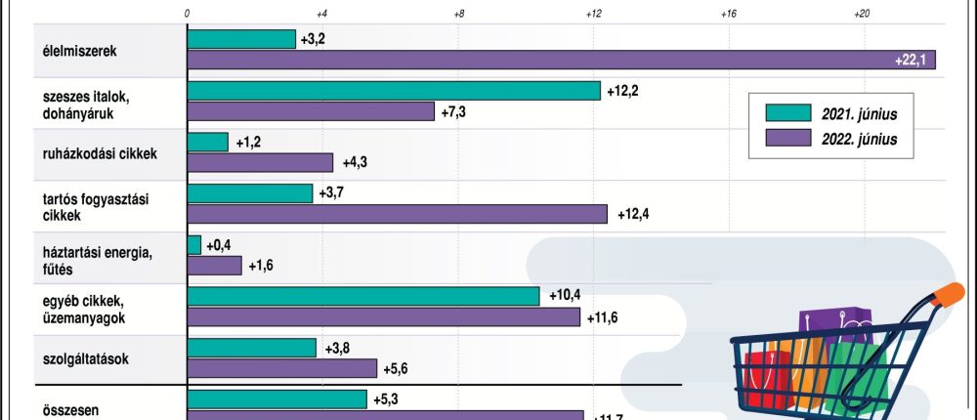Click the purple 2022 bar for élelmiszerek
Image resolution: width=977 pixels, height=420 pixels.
(561, 60)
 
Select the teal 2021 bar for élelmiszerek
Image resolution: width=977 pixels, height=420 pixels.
(241, 39)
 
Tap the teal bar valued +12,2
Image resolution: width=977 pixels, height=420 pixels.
(394, 90)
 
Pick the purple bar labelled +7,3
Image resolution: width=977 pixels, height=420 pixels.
(311, 111)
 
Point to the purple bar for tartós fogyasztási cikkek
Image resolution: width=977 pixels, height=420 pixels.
(397, 213)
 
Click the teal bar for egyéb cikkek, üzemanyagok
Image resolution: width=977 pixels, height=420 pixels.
(363, 295)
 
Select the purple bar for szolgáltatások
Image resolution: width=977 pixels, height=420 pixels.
(282, 368)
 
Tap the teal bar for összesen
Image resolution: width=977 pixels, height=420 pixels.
(277, 399)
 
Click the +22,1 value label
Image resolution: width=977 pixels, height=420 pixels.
(911, 61)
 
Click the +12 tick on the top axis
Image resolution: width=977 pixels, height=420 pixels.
(593, 14)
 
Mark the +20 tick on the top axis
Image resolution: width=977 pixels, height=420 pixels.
(863, 14)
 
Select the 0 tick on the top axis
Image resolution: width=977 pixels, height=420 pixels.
(187, 14)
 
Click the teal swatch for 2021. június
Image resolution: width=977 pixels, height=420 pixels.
(789, 114)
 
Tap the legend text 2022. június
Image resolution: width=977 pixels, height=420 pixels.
(861, 139)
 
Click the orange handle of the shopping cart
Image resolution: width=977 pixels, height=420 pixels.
(947, 294)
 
